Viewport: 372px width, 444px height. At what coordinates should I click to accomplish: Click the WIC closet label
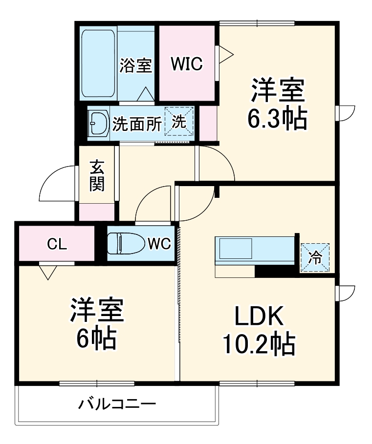(186, 65)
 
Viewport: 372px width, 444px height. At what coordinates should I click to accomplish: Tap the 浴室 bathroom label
(136, 65)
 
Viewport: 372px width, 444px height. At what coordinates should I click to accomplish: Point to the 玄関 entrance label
(97, 176)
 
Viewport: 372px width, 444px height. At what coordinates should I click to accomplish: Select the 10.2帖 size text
(259, 345)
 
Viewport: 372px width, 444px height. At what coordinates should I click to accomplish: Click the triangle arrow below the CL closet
(47, 272)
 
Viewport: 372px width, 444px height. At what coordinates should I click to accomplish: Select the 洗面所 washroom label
(137, 124)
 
